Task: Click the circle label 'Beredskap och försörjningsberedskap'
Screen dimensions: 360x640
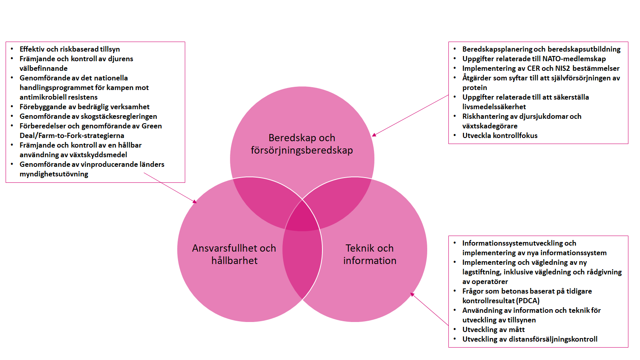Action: [302, 144]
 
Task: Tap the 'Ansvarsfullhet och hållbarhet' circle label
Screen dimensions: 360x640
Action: [234, 254]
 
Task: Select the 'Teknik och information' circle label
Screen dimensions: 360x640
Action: [370, 254]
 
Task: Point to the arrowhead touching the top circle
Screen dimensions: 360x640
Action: [374, 135]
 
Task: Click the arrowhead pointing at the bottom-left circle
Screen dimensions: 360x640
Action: [195, 202]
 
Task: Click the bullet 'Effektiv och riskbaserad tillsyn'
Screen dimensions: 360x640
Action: [70, 49]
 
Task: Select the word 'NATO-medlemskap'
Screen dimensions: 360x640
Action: [574, 59]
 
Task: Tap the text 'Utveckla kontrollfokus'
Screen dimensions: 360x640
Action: [500, 136]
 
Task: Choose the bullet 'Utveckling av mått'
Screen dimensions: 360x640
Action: [493, 330]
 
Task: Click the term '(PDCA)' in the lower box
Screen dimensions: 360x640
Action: [528, 301]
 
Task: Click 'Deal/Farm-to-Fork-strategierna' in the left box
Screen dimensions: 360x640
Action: [72, 136]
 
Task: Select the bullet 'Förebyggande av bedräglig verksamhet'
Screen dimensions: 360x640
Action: [84, 107]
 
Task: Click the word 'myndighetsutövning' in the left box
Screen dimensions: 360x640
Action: [54, 174]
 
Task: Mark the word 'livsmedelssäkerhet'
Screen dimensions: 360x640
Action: [494, 107]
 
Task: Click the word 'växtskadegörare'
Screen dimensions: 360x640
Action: [490, 126]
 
